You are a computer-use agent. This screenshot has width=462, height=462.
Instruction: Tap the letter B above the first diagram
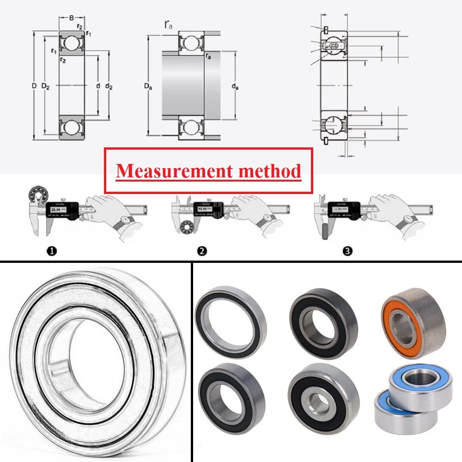point(71,18)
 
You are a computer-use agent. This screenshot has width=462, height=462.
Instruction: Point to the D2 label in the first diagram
point(45,86)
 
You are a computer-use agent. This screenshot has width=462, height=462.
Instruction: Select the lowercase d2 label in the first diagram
point(109,86)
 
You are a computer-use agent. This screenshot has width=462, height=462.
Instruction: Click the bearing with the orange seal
point(413,322)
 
